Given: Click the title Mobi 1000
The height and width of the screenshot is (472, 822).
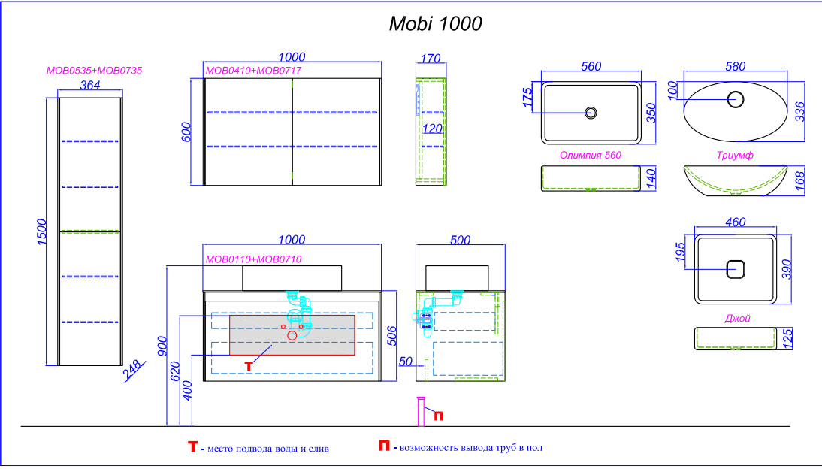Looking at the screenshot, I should (435, 24).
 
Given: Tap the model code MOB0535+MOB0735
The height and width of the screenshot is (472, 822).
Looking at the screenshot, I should (94, 70).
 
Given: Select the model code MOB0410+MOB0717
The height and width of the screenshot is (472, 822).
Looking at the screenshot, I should (253, 70).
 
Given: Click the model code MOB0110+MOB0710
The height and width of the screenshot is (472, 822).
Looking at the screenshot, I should (253, 259).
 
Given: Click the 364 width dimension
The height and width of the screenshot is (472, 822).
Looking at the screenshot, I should (90, 85).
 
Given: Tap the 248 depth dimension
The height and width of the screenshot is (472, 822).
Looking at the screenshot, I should (133, 370).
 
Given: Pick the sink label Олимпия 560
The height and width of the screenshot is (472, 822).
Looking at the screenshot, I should (591, 155).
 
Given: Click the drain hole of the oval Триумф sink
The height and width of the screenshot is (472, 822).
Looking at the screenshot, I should (736, 98).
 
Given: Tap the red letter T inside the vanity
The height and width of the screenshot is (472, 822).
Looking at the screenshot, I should (249, 365).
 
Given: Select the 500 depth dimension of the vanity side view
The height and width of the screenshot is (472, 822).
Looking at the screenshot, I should (460, 240).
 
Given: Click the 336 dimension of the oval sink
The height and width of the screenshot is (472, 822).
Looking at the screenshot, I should (799, 110).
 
